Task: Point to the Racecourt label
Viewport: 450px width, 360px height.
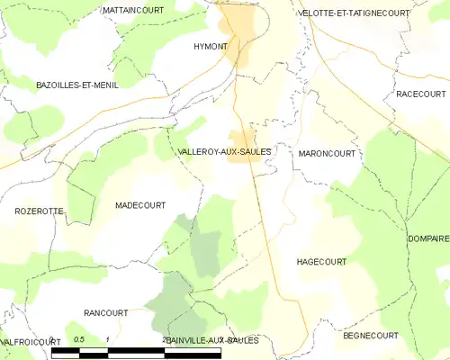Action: pyautogui.click(x=419, y=94)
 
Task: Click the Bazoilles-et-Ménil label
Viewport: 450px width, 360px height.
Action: pyautogui.click(x=77, y=84)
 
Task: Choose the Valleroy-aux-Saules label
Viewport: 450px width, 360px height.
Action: pyautogui.click(x=224, y=152)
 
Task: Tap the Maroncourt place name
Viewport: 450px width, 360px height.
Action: pyautogui.click(x=326, y=154)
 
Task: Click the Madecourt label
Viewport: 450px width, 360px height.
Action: pyautogui.click(x=139, y=205)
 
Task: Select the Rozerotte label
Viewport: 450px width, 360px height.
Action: pyautogui.click(x=39, y=211)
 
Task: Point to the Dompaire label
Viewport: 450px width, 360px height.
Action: pyautogui.click(x=427, y=238)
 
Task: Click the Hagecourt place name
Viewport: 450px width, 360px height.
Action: pyautogui.click(x=321, y=261)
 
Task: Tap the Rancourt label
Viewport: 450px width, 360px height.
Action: pyautogui.click(x=105, y=312)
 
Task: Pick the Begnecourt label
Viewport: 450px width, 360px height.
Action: pyautogui.click(x=370, y=335)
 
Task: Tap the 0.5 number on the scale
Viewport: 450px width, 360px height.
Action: pyautogui.click(x=79, y=339)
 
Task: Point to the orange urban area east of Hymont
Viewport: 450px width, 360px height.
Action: pyautogui.click(x=238, y=36)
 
